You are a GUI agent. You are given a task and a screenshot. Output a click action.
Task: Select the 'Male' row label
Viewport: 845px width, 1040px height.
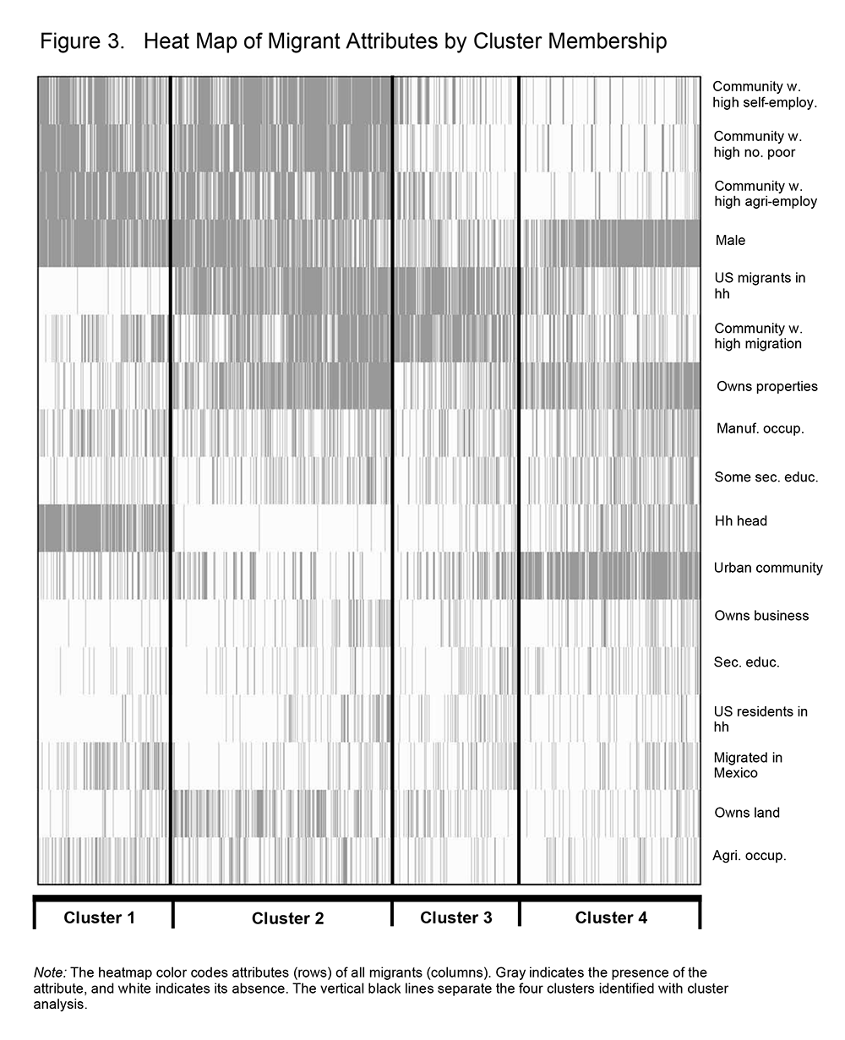pyautogui.click(x=730, y=241)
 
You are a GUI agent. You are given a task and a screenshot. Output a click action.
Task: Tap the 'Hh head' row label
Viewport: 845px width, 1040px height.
pyautogui.click(x=740, y=521)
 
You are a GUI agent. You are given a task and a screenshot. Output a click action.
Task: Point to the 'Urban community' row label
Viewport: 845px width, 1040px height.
pyautogui.click(x=767, y=568)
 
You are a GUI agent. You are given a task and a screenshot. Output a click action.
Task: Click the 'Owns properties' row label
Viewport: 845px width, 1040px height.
pyautogui.click(x=766, y=387)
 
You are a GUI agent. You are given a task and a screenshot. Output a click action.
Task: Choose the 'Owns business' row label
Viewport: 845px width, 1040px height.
pyautogui.click(x=760, y=616)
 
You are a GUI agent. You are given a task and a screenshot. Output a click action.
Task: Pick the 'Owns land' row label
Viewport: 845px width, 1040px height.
pyautogui.click(x=747, y=813)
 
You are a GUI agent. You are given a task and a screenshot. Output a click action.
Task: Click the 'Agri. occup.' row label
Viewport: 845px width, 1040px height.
pyautogui.click(x=750, y=856)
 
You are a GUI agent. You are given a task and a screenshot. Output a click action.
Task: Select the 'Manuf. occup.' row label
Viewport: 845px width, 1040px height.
pyautogui.click(x=760, y=428)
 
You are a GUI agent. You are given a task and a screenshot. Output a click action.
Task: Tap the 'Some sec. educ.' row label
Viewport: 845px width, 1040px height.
pyautogui.click(x=766, y=477)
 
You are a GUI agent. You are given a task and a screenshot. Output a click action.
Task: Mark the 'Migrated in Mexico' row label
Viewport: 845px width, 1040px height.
pyautogui.click(x=748, y=765)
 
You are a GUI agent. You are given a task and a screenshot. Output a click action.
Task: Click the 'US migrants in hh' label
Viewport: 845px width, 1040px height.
pyautogui.click(x=760, y=286)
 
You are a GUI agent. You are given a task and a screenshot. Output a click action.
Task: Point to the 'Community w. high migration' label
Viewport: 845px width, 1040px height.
pyautogui.click(x=758, y=336)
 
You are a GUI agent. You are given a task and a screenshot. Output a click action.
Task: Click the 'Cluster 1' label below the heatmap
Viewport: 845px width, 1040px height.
pyautogui.click(x=99, y=917)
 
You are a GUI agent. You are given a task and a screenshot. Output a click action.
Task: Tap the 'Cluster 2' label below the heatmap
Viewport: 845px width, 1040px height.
pyautogui.click(x=287, y=918)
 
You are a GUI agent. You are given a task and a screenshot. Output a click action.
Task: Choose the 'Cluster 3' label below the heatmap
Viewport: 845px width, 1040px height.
pyautogui.click(x=455, y=917)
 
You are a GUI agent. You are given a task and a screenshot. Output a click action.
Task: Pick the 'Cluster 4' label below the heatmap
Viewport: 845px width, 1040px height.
pyautogui.click(x=611, y=917)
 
